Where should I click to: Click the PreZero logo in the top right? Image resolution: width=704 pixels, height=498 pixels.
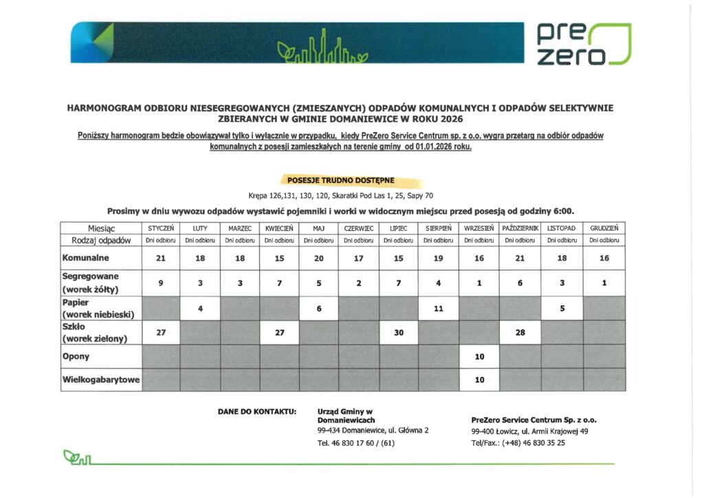click(582, 43)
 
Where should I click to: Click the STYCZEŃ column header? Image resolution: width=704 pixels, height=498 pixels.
click(161, 228)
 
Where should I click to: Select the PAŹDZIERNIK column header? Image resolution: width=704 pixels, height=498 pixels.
click(520, 228)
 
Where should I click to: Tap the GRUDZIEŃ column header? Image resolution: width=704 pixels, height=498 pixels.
click(604, 228)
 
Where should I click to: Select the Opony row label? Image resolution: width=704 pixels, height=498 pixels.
click(76, 357)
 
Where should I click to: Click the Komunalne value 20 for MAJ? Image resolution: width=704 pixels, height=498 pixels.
click(318, 259)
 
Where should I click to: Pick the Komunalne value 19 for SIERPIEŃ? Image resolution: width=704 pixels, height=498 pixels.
click(439, 259)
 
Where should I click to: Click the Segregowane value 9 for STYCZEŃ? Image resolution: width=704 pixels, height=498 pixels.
click(160, 282)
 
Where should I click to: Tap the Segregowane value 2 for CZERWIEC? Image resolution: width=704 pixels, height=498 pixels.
click(358, 282)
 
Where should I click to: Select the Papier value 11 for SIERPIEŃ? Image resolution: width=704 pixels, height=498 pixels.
click(439, 309)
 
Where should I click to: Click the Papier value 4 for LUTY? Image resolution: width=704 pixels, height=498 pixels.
click(199, 309)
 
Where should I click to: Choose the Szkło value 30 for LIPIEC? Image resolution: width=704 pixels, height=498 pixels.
click(398, 332)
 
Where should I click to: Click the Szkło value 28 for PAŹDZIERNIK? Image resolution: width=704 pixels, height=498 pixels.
click(520, 332)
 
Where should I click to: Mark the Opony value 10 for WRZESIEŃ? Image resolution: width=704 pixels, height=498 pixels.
click(479, 357)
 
